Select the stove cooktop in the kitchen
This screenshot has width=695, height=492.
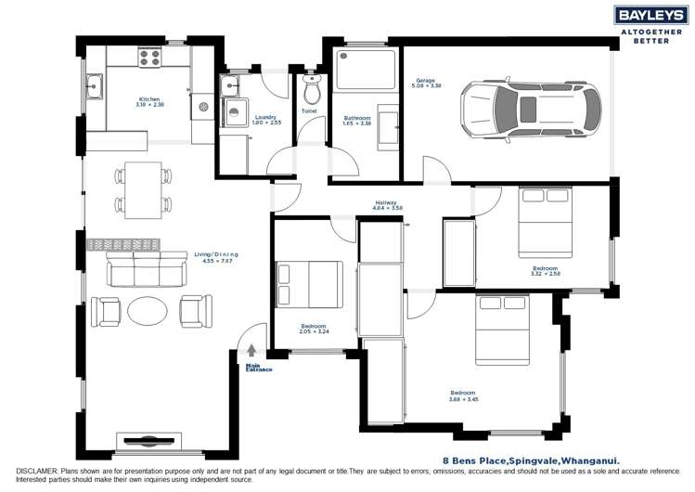coord(150,58)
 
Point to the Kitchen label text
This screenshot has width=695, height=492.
coord(151,101)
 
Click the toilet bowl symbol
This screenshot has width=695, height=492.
coord(312,91)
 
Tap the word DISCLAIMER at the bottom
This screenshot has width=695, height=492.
coord(33,472)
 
